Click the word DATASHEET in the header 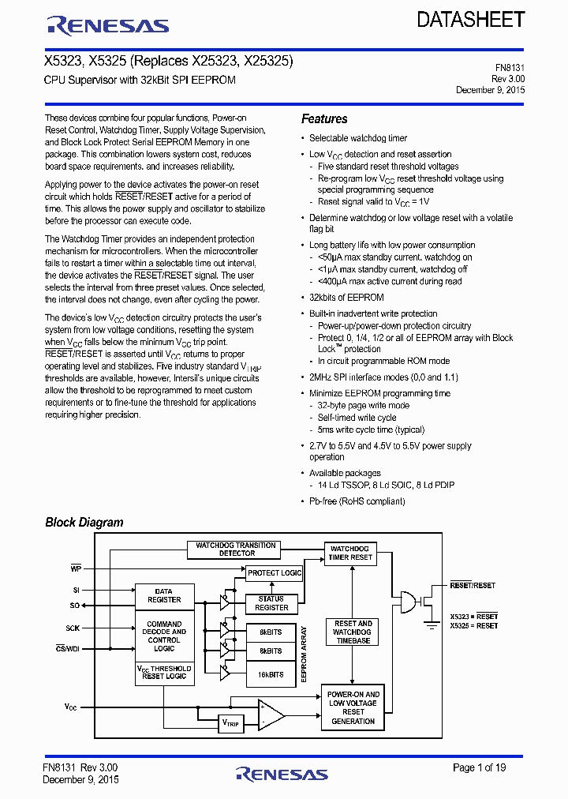tap(471, 21)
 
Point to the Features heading tap(324, 119)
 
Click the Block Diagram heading tap(84, 522)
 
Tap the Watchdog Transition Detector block tap(237, 549)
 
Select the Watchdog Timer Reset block tap(350, 553)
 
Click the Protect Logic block tap(274, 572)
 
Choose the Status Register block tap(271, 603)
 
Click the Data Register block tap(164, 595)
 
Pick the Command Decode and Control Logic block tap(164, 636)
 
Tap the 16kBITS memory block tap(271, 674)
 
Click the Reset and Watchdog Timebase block tap(353, 632)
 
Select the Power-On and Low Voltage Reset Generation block tap(353, 707)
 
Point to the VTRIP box tap(232, 722)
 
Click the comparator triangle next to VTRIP tap(271, 715)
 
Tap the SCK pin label tap(73, 628)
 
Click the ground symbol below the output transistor tap(432, 627)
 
